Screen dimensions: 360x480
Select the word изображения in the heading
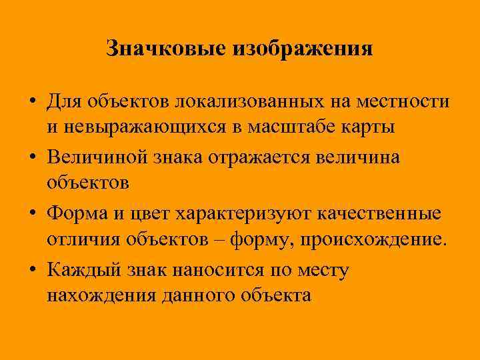tap(302, 49)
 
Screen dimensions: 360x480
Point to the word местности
tap(405, 103)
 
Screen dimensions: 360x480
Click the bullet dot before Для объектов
tap(32, 103)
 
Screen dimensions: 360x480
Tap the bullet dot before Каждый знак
tap(32, 270)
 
